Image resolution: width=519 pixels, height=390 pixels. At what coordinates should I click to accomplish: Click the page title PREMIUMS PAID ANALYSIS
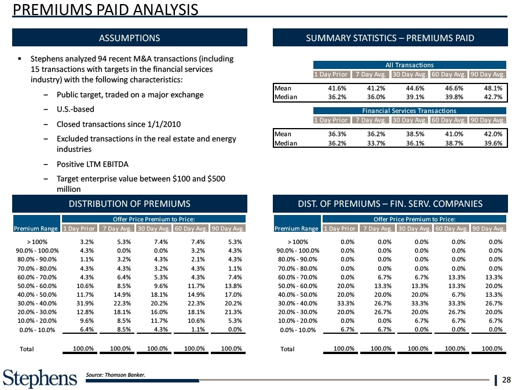coord(105,10)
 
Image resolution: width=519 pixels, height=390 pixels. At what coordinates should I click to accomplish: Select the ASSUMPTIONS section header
coord(130,38)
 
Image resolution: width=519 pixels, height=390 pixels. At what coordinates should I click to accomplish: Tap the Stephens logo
coord(40,378)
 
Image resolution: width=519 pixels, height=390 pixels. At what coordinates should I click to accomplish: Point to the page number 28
coord(507,380)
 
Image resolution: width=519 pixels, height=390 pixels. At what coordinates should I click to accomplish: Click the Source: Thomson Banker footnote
coord(116,374)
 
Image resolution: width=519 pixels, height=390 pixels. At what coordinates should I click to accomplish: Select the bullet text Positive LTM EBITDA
coord(89,164)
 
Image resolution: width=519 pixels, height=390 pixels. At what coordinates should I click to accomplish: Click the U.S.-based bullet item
coord(76,109)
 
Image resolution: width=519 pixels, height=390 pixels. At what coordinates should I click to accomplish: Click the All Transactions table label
coord(410,65)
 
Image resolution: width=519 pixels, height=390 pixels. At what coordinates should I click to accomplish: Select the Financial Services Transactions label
coord(410,111)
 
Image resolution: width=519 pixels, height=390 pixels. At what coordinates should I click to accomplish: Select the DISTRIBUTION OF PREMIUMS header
coord(130,203)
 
